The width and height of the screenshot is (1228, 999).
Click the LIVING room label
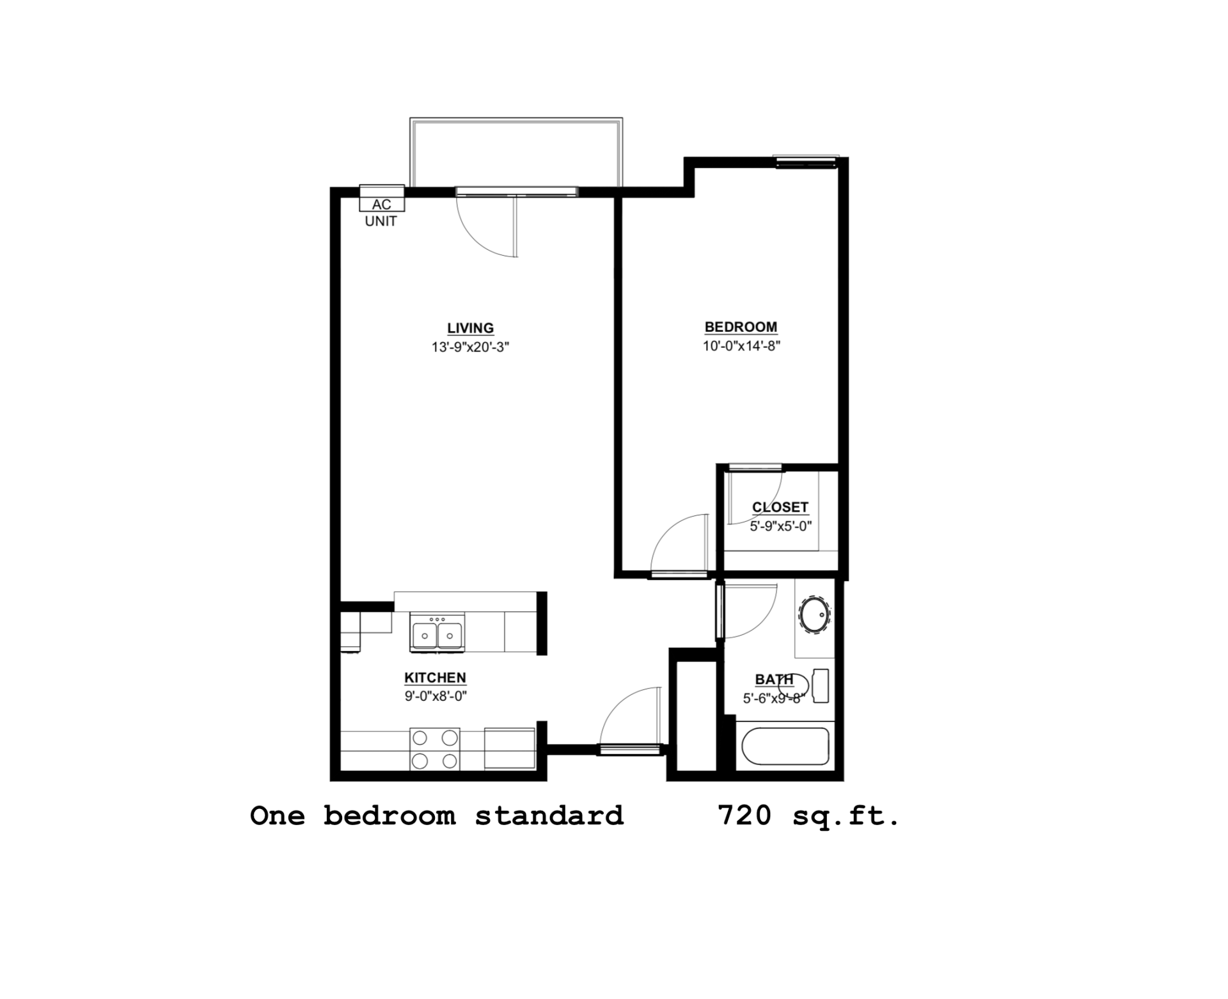tap(470, 328)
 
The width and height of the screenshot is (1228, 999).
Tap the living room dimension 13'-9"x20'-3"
tap(470, 347)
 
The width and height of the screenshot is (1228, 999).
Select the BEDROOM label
tap(741, 327)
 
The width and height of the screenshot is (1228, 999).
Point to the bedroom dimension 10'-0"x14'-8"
tap(741, 346)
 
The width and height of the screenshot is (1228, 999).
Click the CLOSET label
tap(780, 507)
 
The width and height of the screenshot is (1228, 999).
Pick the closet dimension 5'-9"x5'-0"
tap(780, 526)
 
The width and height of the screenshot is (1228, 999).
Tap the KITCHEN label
tap(435, 677)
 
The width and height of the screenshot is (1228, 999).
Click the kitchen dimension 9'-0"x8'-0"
tap(436, 696)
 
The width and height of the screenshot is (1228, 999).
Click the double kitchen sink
tap(437, 634)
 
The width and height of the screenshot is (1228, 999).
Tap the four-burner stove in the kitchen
tap(435, 749)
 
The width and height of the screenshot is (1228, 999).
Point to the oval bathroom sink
tap(814, 615)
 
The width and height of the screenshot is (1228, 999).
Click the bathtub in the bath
tap(785, 746)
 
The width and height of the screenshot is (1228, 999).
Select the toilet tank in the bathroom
tap(821, 686)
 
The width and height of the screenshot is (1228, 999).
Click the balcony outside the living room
tap(516, 153)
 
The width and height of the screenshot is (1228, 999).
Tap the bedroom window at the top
tap(806, 162)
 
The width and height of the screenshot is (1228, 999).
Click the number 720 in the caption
tap(744, 816)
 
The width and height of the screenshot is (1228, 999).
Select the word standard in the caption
tap(549, 816)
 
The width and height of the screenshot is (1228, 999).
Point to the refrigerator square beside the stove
tap(510, 748)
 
